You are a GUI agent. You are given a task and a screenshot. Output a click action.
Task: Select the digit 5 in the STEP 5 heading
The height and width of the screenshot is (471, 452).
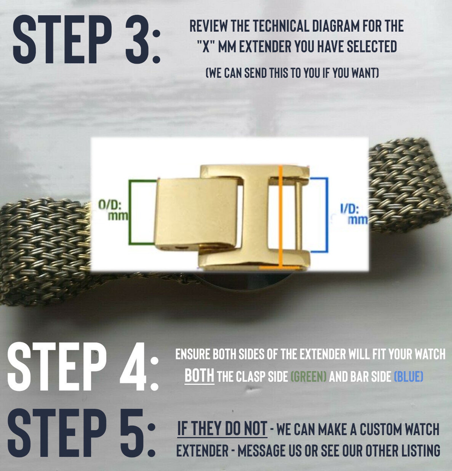[132, 433]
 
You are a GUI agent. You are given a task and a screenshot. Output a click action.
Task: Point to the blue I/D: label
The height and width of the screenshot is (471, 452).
[350, 209]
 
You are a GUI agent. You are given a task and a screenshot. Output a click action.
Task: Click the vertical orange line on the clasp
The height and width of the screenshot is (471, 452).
[281, 216]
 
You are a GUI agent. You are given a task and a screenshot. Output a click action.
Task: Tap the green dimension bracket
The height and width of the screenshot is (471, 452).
[130, 212]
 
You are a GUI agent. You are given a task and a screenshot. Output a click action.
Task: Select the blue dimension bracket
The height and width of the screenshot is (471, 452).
[327, 215]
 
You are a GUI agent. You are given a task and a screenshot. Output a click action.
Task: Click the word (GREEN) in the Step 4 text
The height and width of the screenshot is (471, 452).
[309, 376]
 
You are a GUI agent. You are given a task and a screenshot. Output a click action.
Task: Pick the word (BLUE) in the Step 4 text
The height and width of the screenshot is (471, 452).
[408, 376]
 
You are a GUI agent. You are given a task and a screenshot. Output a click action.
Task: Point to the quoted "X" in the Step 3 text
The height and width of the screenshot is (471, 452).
[206, 46]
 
